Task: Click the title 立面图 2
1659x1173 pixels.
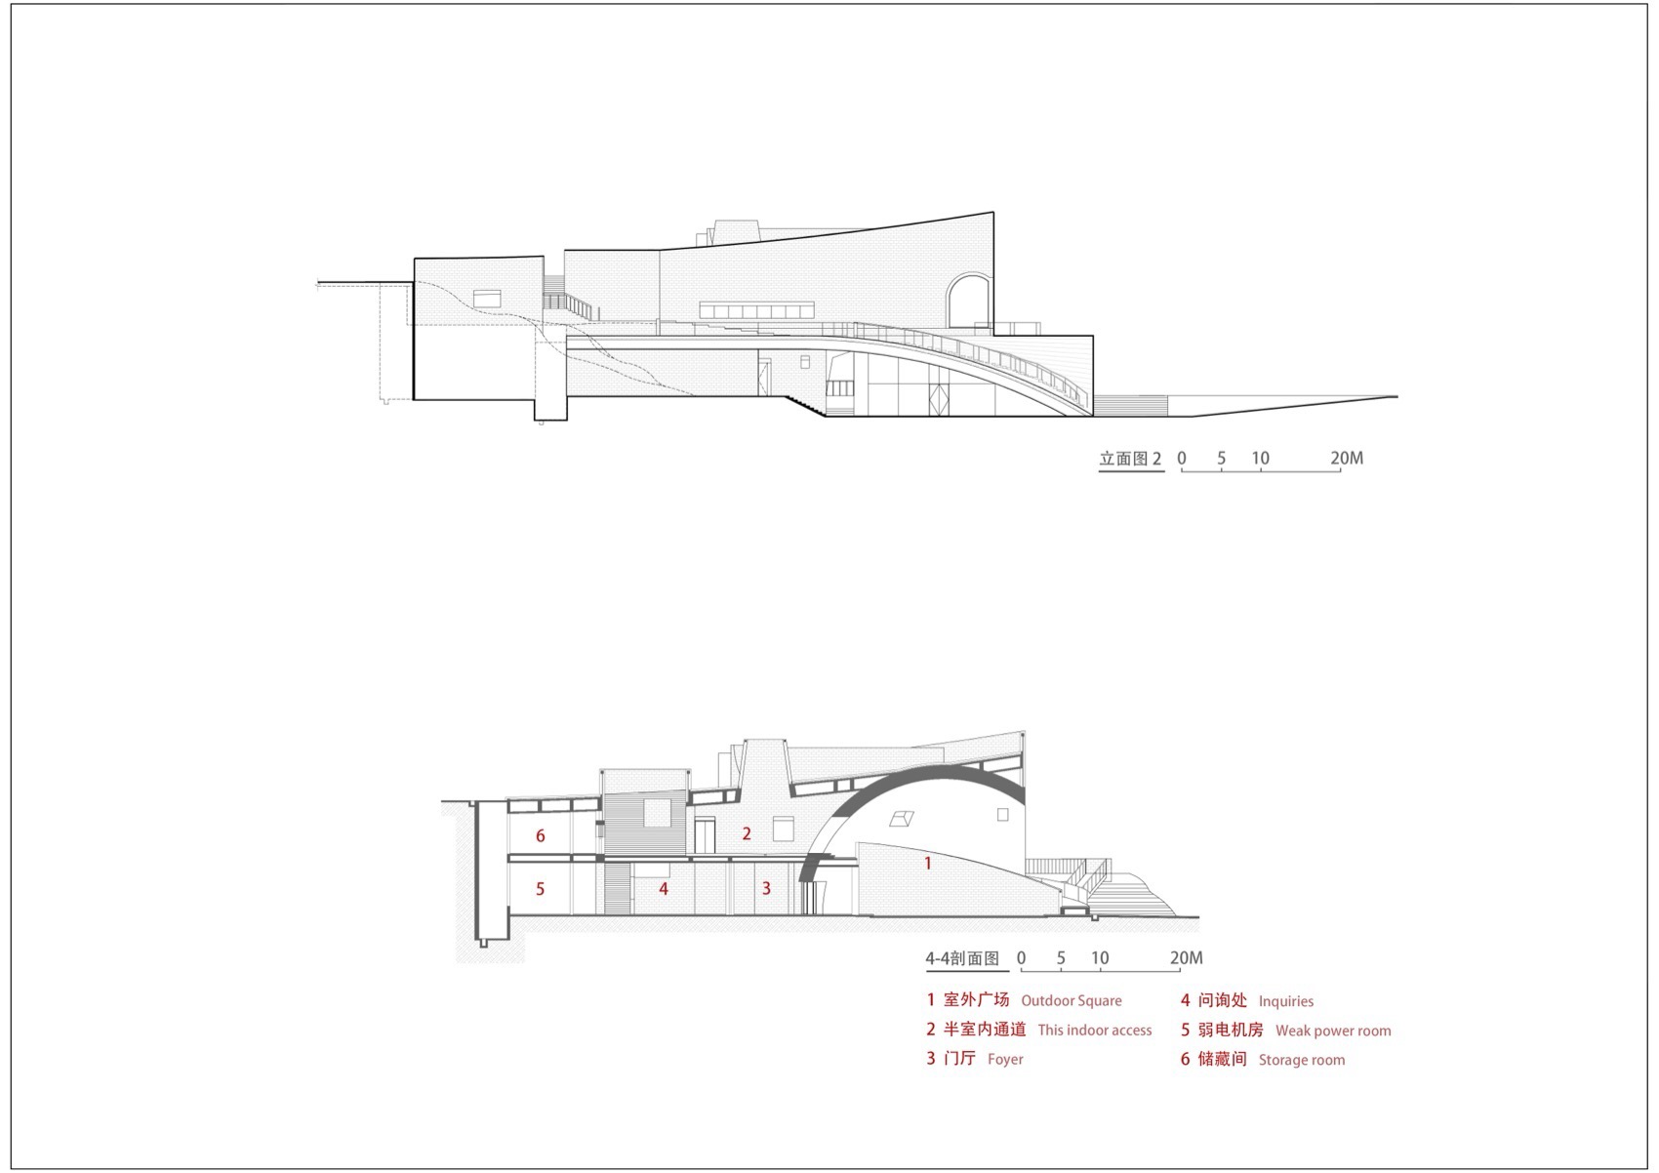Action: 1130,459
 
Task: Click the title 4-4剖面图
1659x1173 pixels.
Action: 963,958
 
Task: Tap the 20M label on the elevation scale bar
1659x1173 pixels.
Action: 1347,458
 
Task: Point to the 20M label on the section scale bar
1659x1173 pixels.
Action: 1187,957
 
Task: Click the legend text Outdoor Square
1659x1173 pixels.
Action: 1071,1000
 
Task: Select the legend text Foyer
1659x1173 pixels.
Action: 1005,1059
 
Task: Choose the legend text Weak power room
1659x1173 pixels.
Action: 1333,1031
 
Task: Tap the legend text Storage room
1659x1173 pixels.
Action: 1301,1060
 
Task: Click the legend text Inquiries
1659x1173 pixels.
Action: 1286,1001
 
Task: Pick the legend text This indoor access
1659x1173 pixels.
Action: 1095,1031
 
